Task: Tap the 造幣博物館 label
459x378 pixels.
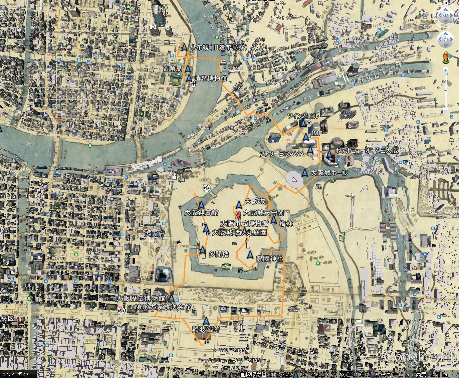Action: (x=211, y=78)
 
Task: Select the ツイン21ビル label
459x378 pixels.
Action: (x=303, y=116)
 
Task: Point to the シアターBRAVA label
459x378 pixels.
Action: (x=282, y=154)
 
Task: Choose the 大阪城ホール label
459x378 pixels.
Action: (x=329, y=173)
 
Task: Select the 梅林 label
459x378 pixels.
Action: (x=286, y=224)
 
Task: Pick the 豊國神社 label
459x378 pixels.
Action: (x=269, y=258)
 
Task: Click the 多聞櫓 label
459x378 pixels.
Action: (x=219, y=254)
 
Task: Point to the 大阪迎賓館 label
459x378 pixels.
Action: (x=201, y=213)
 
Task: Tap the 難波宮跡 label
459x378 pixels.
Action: (x=206, y=329)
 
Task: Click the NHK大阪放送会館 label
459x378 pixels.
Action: (x=163, y=307)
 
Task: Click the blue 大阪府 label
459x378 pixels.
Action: (x=155, y=234)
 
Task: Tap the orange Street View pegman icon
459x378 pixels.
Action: (x=445, y=58)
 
